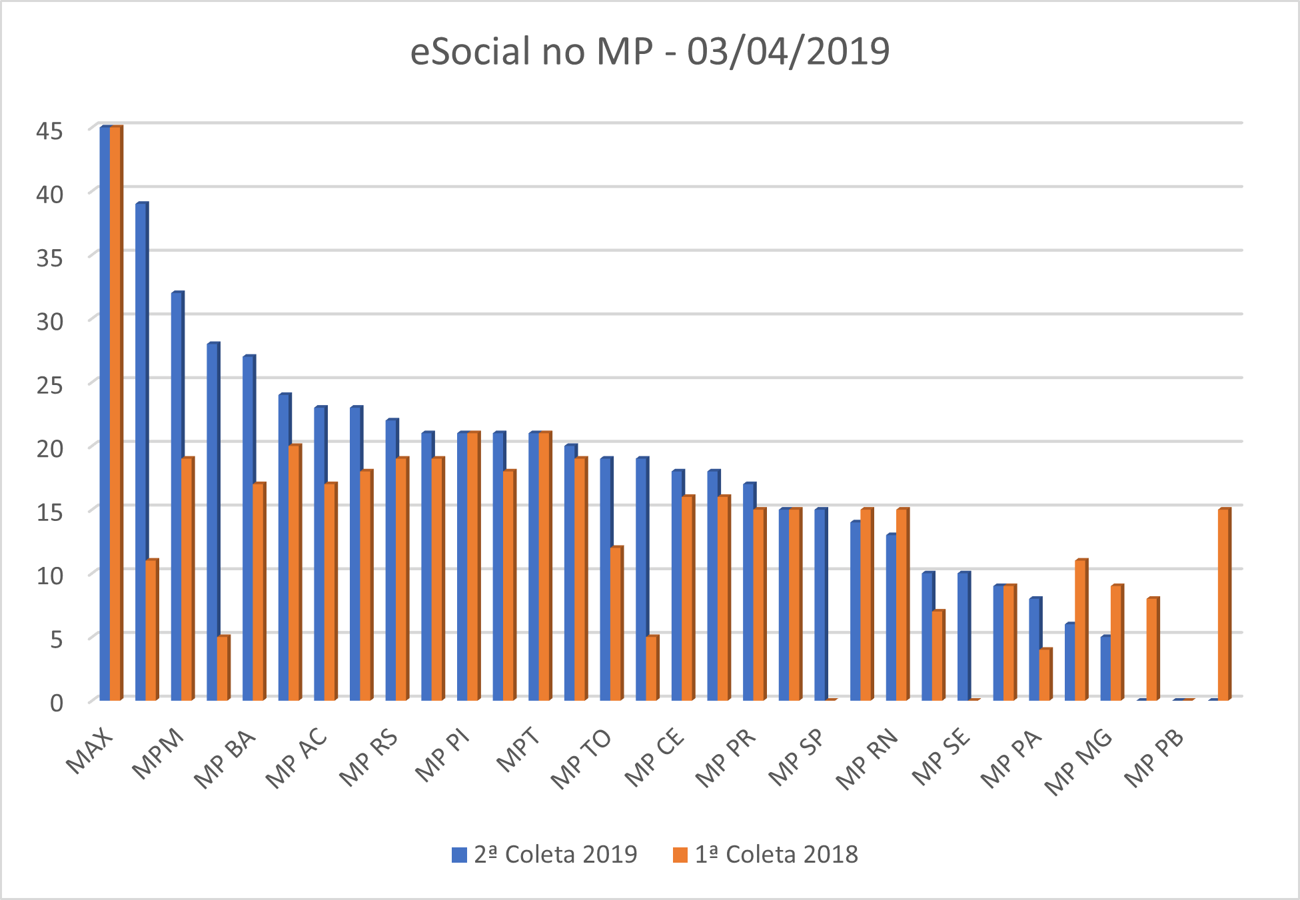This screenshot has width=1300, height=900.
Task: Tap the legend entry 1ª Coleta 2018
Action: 766,854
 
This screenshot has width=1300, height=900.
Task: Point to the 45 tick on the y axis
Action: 49,131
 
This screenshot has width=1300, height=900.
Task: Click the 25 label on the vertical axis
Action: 49,385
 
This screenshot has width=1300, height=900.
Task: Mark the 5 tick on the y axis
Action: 56,640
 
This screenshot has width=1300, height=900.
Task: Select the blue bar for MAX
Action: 105,413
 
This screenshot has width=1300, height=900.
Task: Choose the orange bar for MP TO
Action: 616,623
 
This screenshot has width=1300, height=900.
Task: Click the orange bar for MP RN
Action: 902,604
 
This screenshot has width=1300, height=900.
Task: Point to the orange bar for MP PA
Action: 1045,674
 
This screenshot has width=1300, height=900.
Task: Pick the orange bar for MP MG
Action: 1116,642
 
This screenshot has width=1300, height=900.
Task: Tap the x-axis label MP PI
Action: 442,756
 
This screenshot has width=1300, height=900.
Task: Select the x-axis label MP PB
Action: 1155,759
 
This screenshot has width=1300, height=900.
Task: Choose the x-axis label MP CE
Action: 654,759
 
